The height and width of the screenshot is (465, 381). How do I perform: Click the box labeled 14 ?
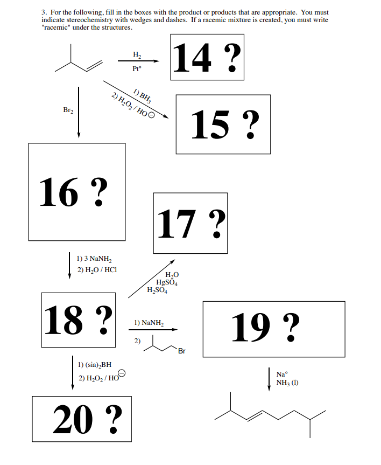coord(207,57)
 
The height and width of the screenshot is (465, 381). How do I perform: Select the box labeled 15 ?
coord(223,124)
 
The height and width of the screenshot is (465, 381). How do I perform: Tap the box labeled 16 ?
coord(77,191)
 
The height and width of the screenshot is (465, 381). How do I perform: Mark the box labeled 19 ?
coord(273,329)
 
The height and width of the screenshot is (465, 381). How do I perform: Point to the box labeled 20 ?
coord(82,419)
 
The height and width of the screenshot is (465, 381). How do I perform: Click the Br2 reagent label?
coord(68,110)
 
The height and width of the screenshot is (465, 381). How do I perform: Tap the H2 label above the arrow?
coord(137,54)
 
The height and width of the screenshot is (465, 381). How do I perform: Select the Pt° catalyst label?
coord(137,69)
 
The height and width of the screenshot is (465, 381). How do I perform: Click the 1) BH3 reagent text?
coord(142,94)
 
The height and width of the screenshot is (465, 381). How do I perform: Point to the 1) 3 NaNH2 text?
coord(94,259)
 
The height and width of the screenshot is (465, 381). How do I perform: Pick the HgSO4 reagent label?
coord(167,283)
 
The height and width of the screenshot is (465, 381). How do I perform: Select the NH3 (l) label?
coord(287,383)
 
